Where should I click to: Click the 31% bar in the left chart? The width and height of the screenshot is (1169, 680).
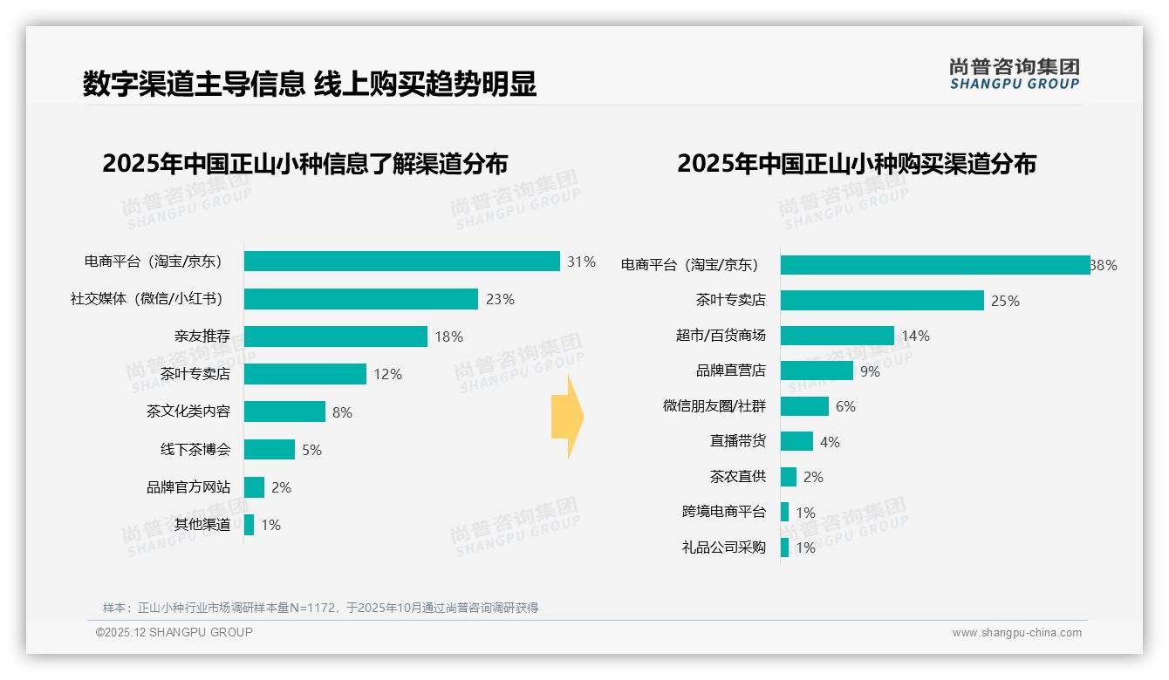pyautogui.click(x=401, y=262)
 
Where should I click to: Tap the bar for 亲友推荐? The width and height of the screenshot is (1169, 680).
pyautogui.click(x=335, y=337)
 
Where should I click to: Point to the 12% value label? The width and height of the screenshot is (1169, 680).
pyautogui.click(x=387, y=374)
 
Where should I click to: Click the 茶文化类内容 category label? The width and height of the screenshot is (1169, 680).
pyautogui.click(x=188, y=411)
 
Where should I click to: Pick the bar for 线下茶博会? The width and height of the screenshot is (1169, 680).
pyautogui.click(x=269, y=449)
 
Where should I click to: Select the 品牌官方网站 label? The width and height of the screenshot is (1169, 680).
pyautogui.click(x=188, y=487)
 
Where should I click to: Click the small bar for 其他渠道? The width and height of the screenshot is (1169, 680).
pyautogui.click(x=249, y=525)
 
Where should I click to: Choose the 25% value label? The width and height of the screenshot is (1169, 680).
pyautogui.click(x=1005, y=301)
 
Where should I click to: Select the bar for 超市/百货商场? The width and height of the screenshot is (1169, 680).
pyautogui.click(x=837, y=336)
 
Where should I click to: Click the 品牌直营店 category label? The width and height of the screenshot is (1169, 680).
pyautogui.click(x=730, y=371)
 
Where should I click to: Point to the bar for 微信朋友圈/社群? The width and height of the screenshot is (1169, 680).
pyautogui.click(x=803, y=406)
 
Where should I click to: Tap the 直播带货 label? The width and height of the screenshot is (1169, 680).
pyautogui.click(x=737, y=441)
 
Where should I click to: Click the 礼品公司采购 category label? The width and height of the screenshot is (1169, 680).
pyautogui.click(x=723, y=547)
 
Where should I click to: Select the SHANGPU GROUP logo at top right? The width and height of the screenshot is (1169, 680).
pyautogui.click(x=1014, y=74)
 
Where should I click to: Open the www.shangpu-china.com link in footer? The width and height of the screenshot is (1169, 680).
pyautogui.click(x=1016, y=633)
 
